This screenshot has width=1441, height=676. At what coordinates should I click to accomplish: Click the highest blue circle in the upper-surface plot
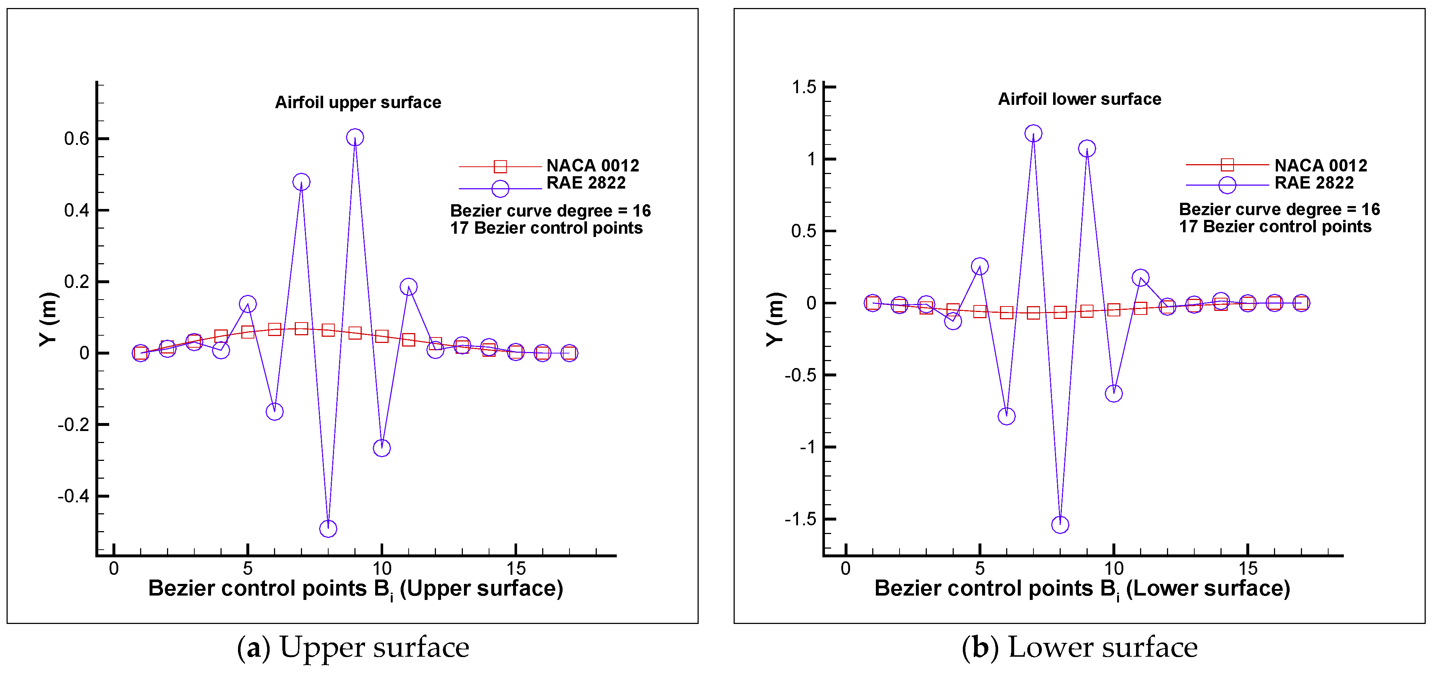coord(355,137)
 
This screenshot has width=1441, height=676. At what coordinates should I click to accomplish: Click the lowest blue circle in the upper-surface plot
coord(328,528)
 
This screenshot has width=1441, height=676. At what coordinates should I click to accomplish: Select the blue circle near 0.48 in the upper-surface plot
coord(301,182)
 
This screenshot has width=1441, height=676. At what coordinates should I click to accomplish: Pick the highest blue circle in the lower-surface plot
coord(1033,133)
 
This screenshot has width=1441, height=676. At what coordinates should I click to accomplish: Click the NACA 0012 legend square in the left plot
coord(500,166)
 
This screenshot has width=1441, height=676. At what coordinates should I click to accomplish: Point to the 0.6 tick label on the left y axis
coord(77,139)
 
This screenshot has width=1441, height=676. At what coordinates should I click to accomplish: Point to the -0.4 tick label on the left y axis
coord(73,497)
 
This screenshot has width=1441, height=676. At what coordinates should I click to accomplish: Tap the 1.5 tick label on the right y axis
coord(804,87)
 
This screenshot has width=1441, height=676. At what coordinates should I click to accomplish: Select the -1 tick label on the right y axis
coord(808,447)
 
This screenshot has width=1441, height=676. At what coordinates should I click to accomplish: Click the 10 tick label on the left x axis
coord(381,569)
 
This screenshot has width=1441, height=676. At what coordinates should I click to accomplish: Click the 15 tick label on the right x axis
coord(1247,569)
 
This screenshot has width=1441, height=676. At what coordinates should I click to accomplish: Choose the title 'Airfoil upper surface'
coord(358,102)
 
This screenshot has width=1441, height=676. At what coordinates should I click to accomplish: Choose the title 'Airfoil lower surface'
coord(1080,99)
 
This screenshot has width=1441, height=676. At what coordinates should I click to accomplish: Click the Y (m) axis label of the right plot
coord(775,319)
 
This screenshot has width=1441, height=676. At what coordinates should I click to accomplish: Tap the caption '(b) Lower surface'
coord(1080,648)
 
